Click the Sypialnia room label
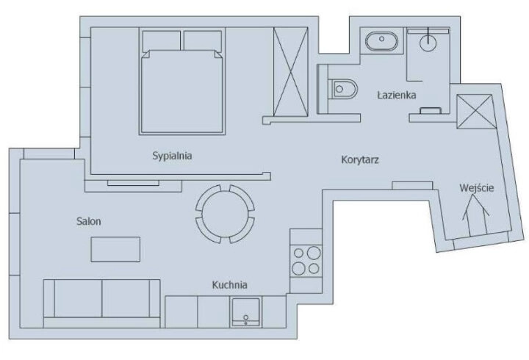click(x=176, y=156)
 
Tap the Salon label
click(x=88, y=221)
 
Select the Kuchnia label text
click(x=229, y=285)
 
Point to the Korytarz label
click(x=360, y=159)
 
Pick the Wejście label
click(x=476, y=188)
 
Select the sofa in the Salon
click(x=101, y=300)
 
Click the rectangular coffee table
click(x=115, y=249)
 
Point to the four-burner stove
click(x=306, y=259)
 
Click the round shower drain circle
click(x=428, y=43)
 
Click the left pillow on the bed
click(x=161, y=40)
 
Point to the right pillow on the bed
click(x=203, y=40)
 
